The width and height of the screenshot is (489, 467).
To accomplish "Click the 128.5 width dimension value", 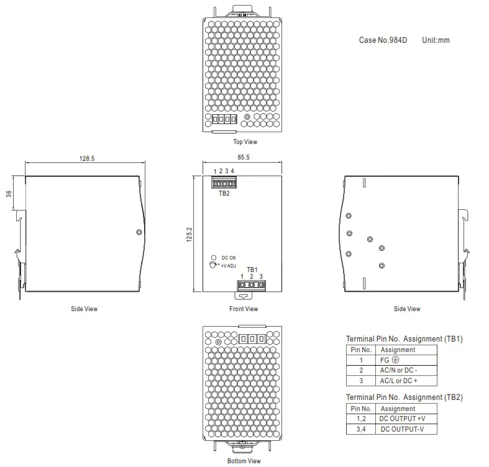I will tap(87, 159).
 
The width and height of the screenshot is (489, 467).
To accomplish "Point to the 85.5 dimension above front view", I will tap(243, 158).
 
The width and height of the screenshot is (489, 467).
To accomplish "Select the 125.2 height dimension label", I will tap(190, 235).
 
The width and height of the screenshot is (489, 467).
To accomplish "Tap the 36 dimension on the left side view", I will tap(9, 194).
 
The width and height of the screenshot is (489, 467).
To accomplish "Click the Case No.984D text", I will tap(383, 40).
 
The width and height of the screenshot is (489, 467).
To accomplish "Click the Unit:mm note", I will tap(436, 40).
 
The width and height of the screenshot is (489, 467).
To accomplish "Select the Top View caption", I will tap(245, 142).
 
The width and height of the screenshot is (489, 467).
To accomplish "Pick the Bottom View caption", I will tap(244, 461).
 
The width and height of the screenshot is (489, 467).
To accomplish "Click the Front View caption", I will tap(244, 309).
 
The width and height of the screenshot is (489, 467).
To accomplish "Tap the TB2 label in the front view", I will tap(224, 193).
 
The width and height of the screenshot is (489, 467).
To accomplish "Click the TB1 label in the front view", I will tap(252, 270).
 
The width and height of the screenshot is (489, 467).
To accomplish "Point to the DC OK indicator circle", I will tap(213, 257).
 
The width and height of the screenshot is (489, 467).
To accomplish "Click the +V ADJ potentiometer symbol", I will tap(213, 265).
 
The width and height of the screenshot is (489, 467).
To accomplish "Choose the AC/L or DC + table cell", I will tap(398, 380).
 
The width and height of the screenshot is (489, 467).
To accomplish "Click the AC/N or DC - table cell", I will tap(398, 370).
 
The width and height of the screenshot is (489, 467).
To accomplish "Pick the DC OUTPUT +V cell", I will tap(402, 419).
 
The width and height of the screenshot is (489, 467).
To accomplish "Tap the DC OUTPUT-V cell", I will tap(402, 429).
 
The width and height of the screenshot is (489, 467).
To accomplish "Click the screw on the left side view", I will tap(139, 232).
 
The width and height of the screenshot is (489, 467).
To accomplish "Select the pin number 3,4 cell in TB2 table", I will tap(361, 429).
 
